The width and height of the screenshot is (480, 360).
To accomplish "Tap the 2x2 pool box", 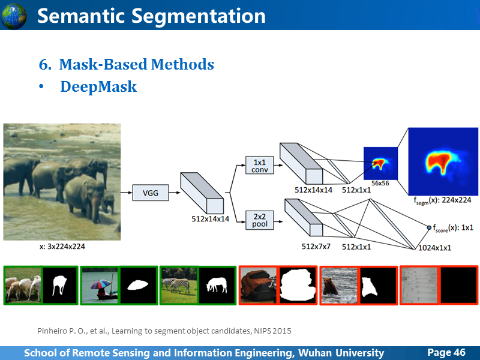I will click(259, 219).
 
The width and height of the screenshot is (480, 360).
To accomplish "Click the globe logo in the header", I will click(14, 16).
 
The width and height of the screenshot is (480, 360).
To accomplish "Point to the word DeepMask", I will click(98, 87).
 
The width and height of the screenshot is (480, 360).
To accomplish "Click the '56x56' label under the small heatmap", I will click(380, 182).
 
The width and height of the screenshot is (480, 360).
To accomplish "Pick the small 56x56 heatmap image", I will click(380, 162).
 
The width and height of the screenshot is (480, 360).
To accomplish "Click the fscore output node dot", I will click(428, 228).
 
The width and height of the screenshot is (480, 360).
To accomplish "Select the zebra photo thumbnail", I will click(178, 285).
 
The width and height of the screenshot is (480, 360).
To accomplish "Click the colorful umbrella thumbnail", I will click(99, 285).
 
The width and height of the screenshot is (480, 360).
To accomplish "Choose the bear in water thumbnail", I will click(338, 285).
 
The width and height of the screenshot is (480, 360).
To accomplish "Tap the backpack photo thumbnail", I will click(259, 285).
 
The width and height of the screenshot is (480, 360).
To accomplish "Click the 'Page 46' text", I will click(446, 352).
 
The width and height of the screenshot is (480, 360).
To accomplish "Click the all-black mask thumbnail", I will click(458, 285).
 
